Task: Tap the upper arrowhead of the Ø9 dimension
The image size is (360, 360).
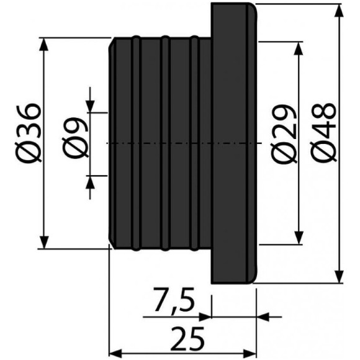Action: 91,106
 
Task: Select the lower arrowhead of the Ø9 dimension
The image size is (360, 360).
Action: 91,182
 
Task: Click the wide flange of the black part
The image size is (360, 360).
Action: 233,143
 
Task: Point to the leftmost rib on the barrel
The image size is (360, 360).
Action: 135,143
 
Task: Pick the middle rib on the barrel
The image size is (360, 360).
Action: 164,143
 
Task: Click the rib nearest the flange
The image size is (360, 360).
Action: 194,143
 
